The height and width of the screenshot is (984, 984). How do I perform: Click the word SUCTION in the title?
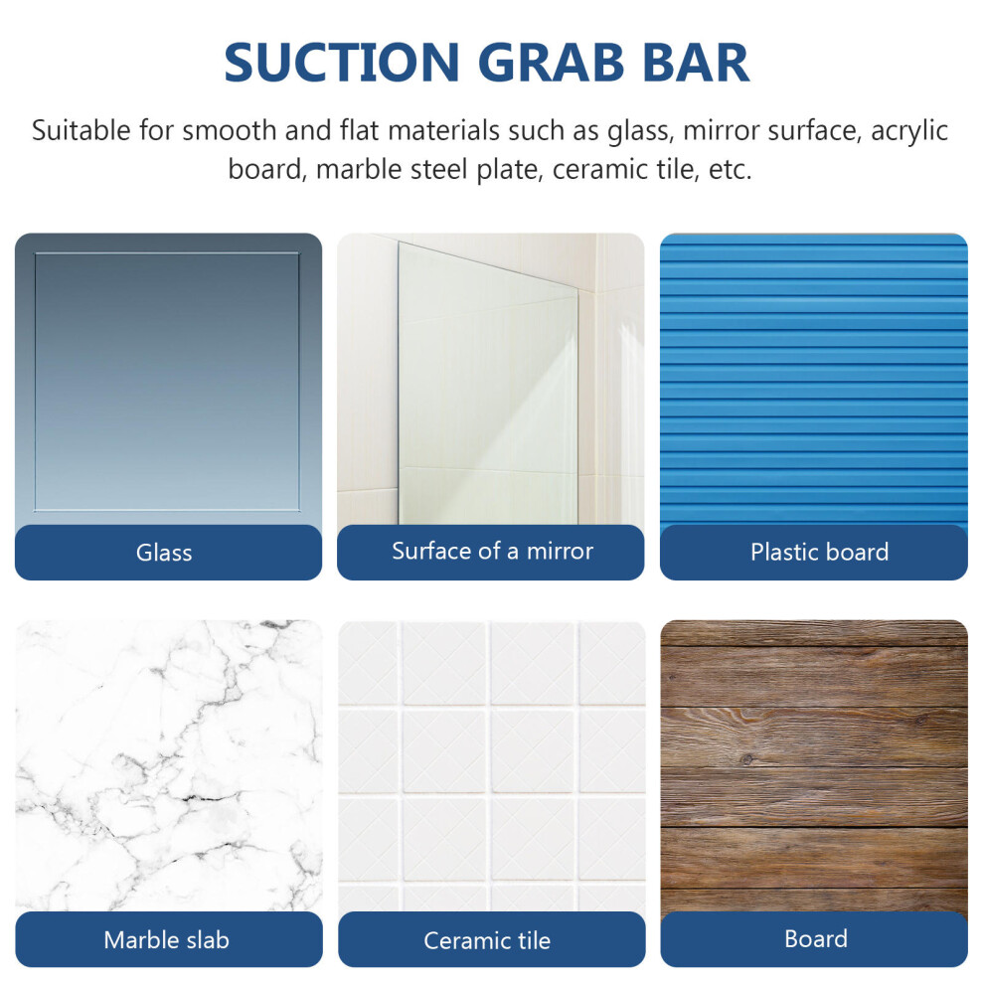coord(342,63)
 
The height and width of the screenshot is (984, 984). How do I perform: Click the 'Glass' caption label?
coord(164,553)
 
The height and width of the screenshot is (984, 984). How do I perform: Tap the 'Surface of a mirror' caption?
coord(492,551)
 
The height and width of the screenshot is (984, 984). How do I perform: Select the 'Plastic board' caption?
coord(820,553)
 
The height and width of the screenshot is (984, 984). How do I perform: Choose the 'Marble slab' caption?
coord(166,940)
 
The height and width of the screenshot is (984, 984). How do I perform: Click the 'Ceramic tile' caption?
coord(487,940)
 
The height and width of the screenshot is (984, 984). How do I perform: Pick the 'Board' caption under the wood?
coord(816,939)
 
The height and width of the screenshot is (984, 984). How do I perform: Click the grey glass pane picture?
coord(168,380)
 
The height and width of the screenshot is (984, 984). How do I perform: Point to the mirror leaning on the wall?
coord(488,384)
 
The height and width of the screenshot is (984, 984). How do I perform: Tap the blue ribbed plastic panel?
coord(814,380)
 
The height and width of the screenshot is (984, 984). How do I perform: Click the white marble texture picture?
coord(169,766)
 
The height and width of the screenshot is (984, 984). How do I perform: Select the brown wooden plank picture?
coord(814,766)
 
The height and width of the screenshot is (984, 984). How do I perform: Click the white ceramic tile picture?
coord(491,766)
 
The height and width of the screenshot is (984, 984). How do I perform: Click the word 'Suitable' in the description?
coord(82,130)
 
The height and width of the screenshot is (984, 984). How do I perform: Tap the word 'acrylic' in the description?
coord(909,132)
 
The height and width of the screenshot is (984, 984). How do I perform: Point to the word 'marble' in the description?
coord(359,169)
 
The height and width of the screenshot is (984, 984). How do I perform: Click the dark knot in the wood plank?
coord(746,760)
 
